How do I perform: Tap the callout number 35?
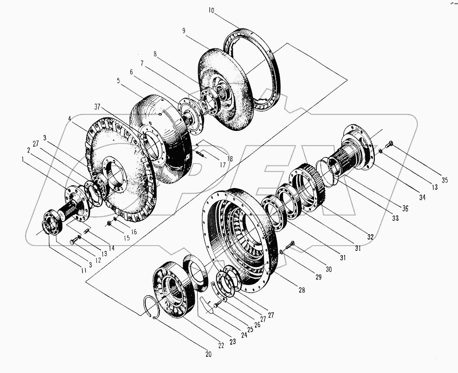pyautogui.click(x=444, y=180)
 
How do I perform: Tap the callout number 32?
pyautogui.click(x=370, y=237)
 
